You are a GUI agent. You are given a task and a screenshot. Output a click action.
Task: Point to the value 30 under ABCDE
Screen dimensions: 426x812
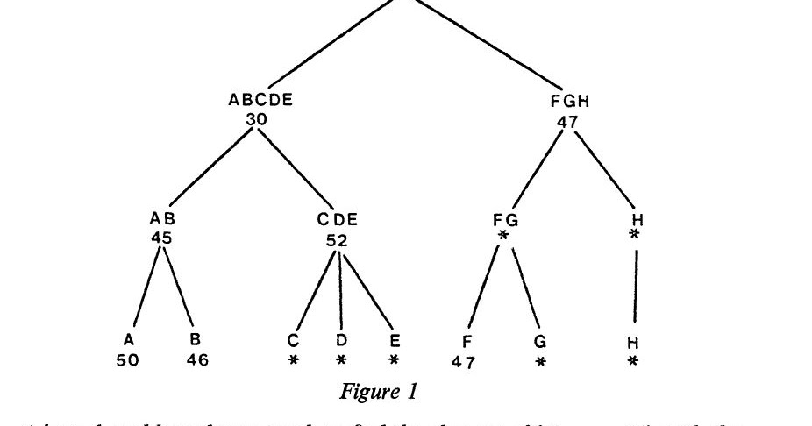[257, 117]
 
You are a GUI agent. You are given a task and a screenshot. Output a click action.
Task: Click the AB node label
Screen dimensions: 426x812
[161, 219]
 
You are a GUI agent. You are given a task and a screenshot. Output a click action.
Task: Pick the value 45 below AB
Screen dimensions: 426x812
[160, 237]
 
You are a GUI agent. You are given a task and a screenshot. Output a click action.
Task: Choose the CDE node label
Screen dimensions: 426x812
[338, 219]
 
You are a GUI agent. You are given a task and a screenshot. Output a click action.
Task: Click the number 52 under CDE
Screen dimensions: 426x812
[338, 238]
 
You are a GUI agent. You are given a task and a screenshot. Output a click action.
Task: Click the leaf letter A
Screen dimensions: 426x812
[129, 338]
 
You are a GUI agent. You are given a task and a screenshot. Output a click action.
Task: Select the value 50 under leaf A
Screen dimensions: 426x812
[127, 359]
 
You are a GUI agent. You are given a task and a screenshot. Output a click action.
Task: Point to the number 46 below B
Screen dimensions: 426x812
[197, 359]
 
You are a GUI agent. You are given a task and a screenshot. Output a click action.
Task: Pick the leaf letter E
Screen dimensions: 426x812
[394, 338]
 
